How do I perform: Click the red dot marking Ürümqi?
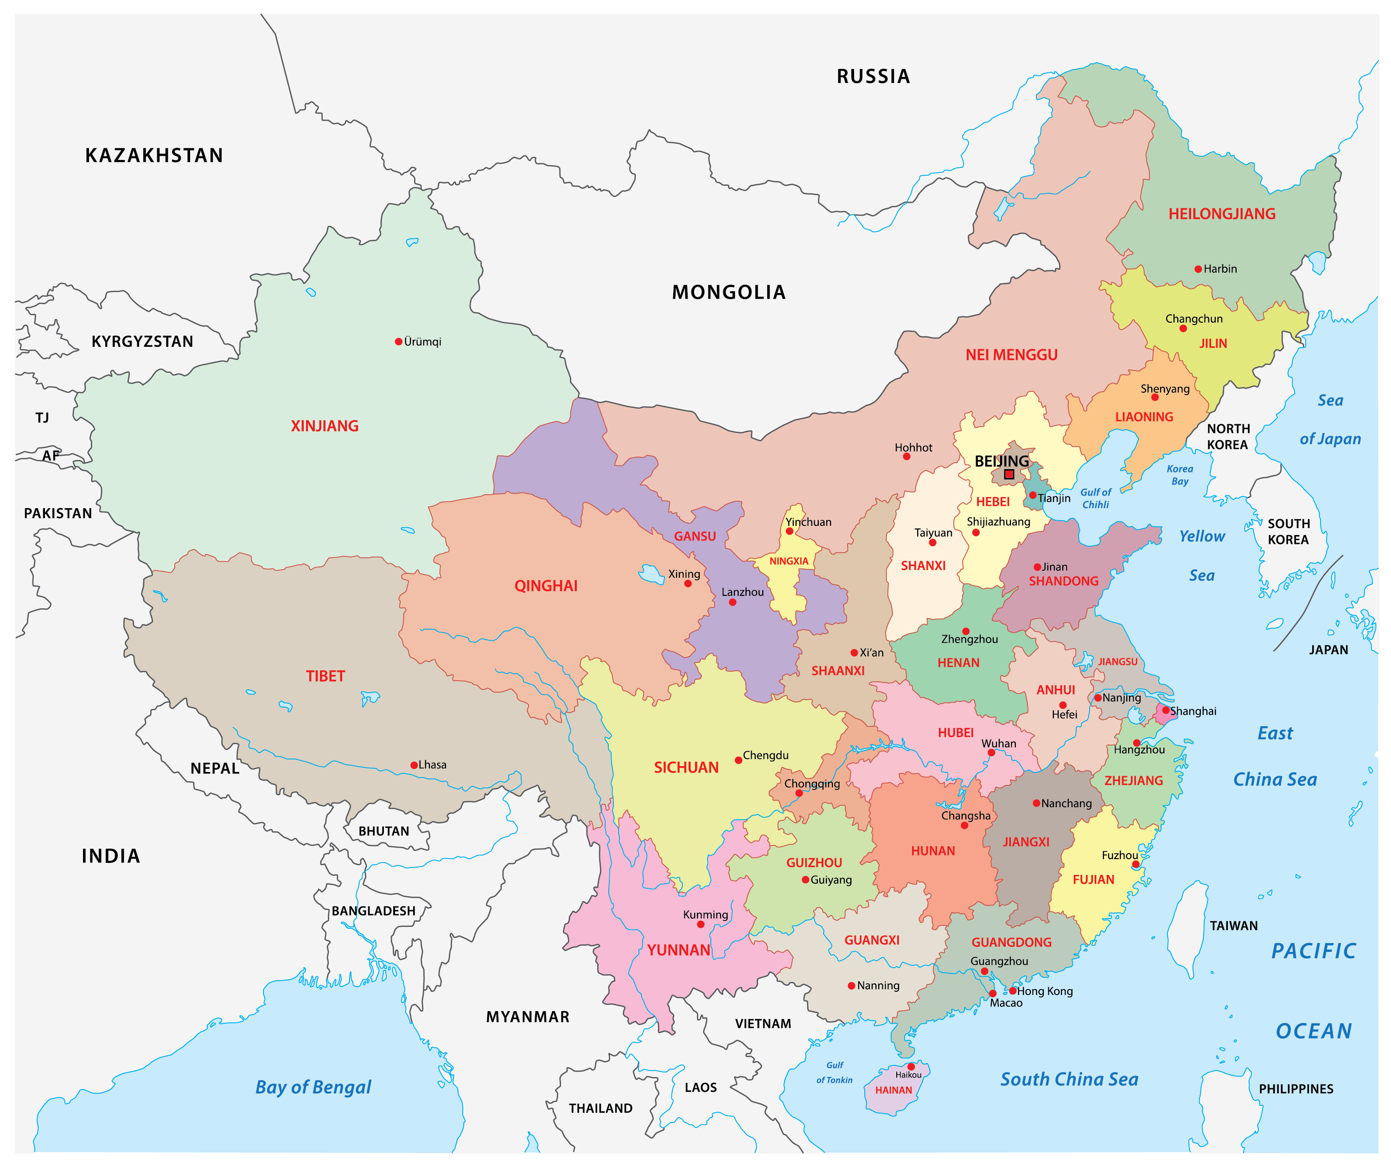[x=399, y=342]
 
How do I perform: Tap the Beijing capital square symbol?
[x=1009, y=474]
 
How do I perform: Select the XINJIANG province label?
[x=325, y=426]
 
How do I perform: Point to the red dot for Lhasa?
[x=414, y=765]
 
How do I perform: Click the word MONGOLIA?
[x=728, y=292]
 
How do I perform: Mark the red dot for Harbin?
[x=1198, y=269]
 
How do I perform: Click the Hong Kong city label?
[x=1045, y=991]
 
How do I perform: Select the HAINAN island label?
[x=893, y=1090]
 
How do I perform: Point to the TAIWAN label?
[x=1233, y=926]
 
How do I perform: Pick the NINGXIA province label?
[x=789, y=561]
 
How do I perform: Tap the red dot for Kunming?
[x=701, y=924]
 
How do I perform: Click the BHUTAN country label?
[x=383, y=831]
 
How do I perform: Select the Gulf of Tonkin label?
[x=835, y=1072]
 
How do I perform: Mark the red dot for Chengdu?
[x=739, y=760]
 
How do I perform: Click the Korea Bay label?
[x=1180, y=475]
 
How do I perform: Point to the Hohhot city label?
[x=913, y=448]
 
